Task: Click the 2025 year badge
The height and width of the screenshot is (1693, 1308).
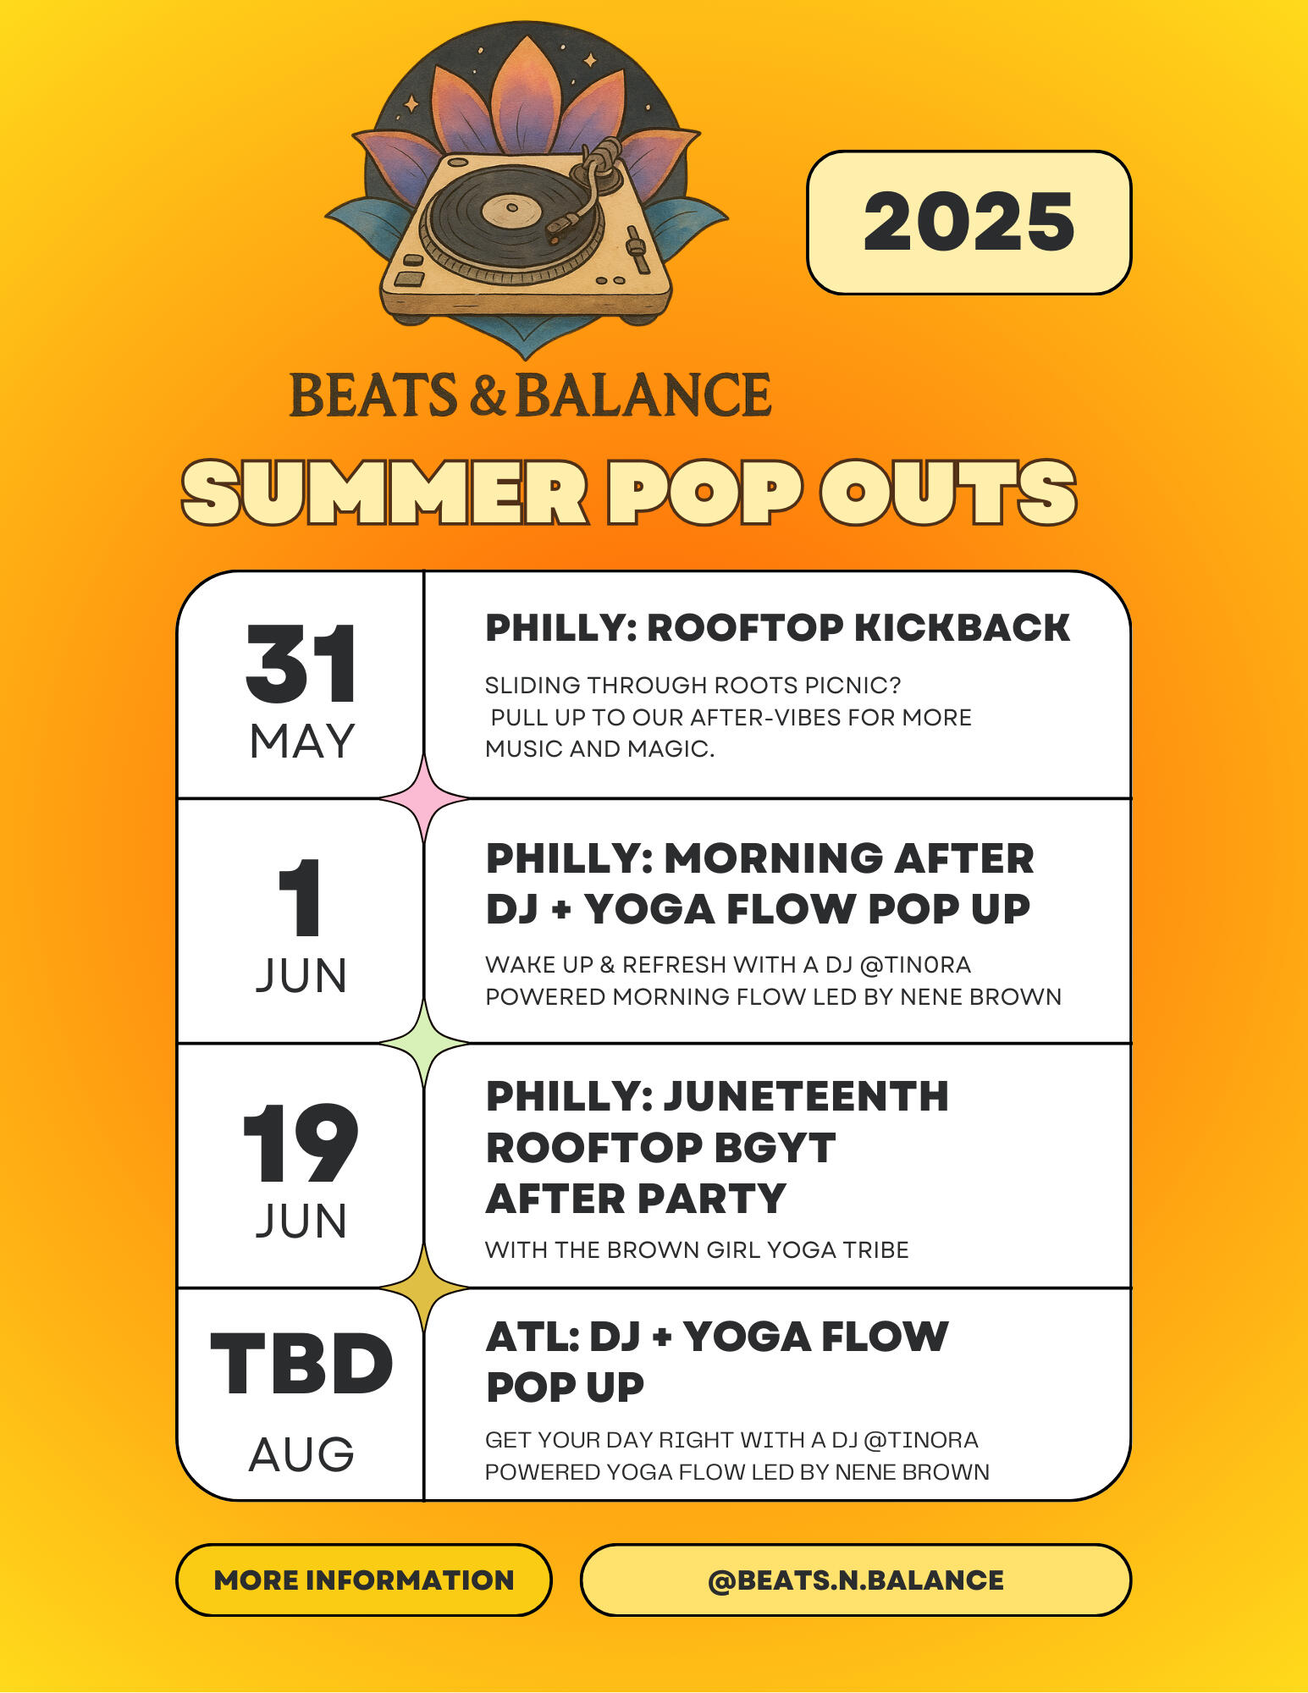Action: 969,223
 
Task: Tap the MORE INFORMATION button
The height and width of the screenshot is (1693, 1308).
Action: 364,1580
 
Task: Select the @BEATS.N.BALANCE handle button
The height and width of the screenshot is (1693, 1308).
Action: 855,1580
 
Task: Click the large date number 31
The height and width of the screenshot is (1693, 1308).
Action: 301,665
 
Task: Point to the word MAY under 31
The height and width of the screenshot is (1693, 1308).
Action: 301,742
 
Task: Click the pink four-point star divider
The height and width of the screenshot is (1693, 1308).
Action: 424,798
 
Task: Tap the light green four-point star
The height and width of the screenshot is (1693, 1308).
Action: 424,1044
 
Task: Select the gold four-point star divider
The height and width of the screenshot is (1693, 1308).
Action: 424,1288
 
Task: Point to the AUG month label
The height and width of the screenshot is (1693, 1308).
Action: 301,1454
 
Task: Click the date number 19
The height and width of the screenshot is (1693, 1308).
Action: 301,1144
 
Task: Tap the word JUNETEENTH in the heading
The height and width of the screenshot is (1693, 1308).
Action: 806,1096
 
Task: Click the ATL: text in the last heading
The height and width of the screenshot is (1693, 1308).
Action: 532,1337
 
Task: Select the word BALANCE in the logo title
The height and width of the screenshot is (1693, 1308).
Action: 643,395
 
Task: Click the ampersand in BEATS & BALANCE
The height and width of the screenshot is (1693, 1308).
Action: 488,395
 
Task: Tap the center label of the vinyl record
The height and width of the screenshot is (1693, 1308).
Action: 511,208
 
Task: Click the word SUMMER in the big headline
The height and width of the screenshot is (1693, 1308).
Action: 385,494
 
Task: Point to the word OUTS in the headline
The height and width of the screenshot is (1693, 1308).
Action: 948,494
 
